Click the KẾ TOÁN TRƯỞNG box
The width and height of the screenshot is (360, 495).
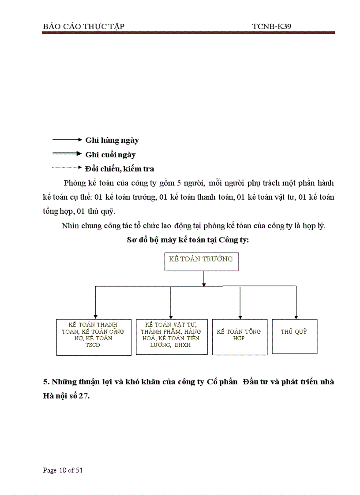201,261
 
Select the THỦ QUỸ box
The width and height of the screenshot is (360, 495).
294,335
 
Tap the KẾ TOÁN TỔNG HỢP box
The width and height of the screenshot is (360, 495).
240,337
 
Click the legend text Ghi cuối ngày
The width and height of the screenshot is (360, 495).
110,155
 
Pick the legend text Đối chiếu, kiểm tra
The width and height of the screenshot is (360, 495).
120,169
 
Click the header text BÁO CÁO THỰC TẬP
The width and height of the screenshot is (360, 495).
84,26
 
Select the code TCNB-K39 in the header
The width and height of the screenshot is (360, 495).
271,26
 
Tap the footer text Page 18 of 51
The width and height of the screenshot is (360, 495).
63,470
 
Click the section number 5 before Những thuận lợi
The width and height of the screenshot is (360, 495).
45,382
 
